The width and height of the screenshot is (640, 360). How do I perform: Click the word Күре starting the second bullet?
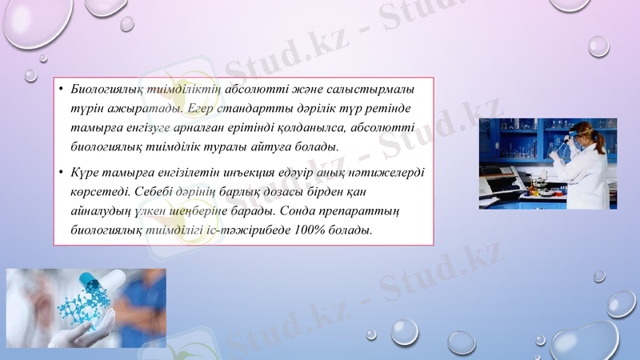pos(84,172)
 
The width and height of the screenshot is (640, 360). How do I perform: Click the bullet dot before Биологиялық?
pos(60,88)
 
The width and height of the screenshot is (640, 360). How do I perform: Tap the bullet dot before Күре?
pos(60,172)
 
